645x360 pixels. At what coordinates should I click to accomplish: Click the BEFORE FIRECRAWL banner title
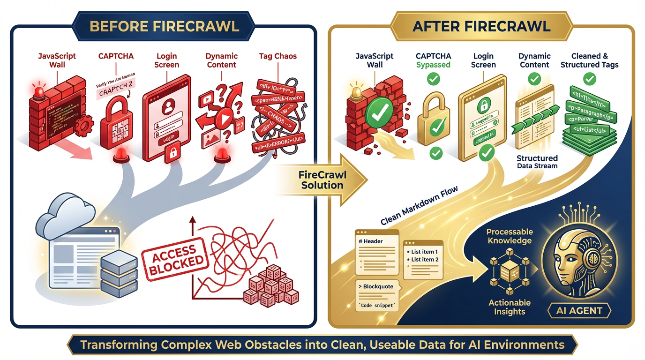coord(164,25)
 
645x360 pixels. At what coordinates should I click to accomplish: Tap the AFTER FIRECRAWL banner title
coord(481,25)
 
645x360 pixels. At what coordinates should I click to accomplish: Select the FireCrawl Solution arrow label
coord(322,180)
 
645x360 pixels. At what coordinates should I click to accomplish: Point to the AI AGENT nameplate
coord(581,310)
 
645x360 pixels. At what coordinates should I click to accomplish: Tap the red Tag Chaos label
coord(278,56)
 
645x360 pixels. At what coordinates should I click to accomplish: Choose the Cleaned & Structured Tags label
coord(590,60)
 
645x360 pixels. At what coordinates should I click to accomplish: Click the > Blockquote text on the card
coord(375,287)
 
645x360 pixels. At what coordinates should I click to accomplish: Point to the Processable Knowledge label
coord(509,236)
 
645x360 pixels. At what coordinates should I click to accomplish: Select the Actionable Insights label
coord(510,307)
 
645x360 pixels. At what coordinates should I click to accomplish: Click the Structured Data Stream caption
coord(537,162)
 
